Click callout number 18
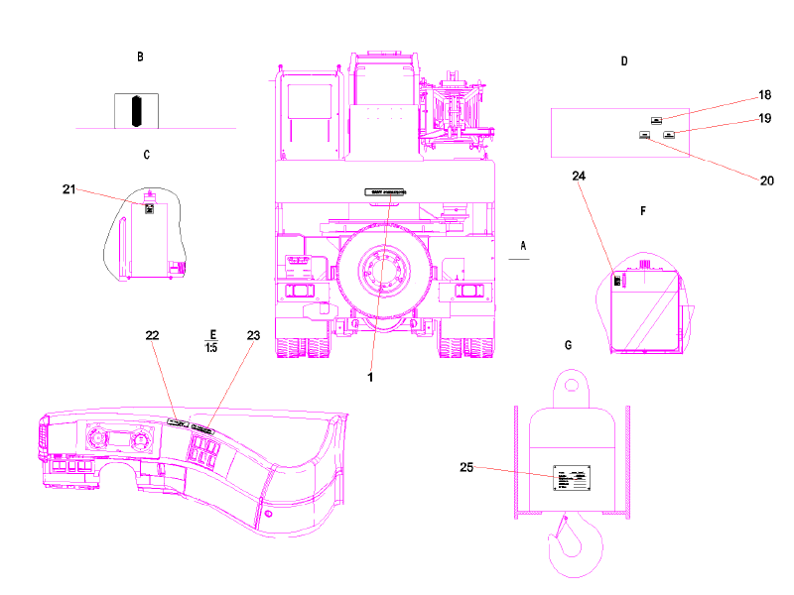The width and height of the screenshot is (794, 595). tap(764, 95)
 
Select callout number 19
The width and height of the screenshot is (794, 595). tap(764, 118)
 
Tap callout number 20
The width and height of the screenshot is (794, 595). tap(765, 180)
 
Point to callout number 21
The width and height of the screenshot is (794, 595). tap(68, 188)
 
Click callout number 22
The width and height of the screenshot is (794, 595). tap(152, 336)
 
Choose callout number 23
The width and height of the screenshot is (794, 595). tap(253, 336)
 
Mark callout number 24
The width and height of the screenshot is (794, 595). tap(580, 176)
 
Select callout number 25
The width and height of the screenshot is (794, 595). tap(466, 466)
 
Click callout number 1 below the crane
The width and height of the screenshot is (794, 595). tap(371, 376)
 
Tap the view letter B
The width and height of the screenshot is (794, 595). tap(140, 58)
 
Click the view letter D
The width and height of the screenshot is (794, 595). tap(624, 61)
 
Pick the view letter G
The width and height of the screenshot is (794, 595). tap(568, 345)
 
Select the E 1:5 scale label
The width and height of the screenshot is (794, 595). tap(210, 340)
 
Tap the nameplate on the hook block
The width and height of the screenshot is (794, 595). tap(573, 477)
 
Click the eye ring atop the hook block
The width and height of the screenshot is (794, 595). tap(572, 382)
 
